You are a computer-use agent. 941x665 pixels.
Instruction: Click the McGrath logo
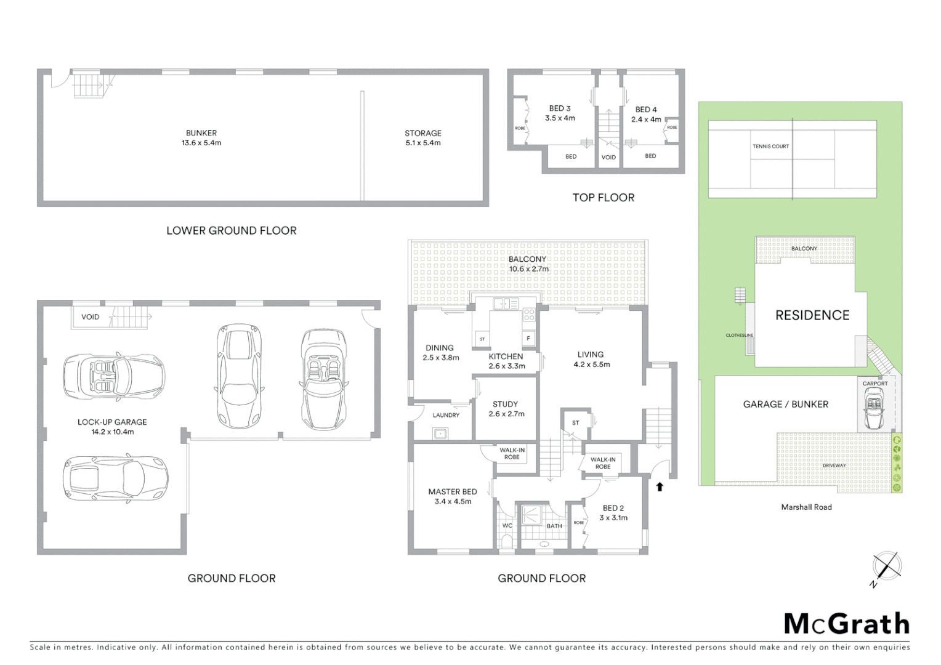coord(847,624)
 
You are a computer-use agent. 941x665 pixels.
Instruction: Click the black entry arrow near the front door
coord(660,486)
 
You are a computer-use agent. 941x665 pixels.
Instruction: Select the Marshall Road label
coord(806,507)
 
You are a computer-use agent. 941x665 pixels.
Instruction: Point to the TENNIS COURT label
coord(770,147)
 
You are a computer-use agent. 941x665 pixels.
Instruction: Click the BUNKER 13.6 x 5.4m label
coord(201,137)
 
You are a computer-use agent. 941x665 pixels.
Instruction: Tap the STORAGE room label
coord(423,137)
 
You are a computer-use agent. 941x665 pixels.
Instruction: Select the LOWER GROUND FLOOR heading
coord(232,231)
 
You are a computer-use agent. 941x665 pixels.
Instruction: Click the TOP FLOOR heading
coord(603,198)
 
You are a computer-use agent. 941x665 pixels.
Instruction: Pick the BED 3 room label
coord(560,113)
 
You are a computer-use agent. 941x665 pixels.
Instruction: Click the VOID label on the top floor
coord(608,158)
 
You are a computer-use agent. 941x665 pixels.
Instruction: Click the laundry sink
coord(440,433)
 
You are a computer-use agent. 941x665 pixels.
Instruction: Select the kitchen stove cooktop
coord(528,315)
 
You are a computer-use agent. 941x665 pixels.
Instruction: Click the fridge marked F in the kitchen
coord(528,338)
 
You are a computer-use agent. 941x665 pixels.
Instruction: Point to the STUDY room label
coord(505,409)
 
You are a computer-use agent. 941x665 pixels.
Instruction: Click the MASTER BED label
coord(453,496)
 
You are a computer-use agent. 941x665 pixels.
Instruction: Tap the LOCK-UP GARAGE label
coord(112,427)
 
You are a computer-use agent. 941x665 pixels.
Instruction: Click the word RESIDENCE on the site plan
coord(812,315)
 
